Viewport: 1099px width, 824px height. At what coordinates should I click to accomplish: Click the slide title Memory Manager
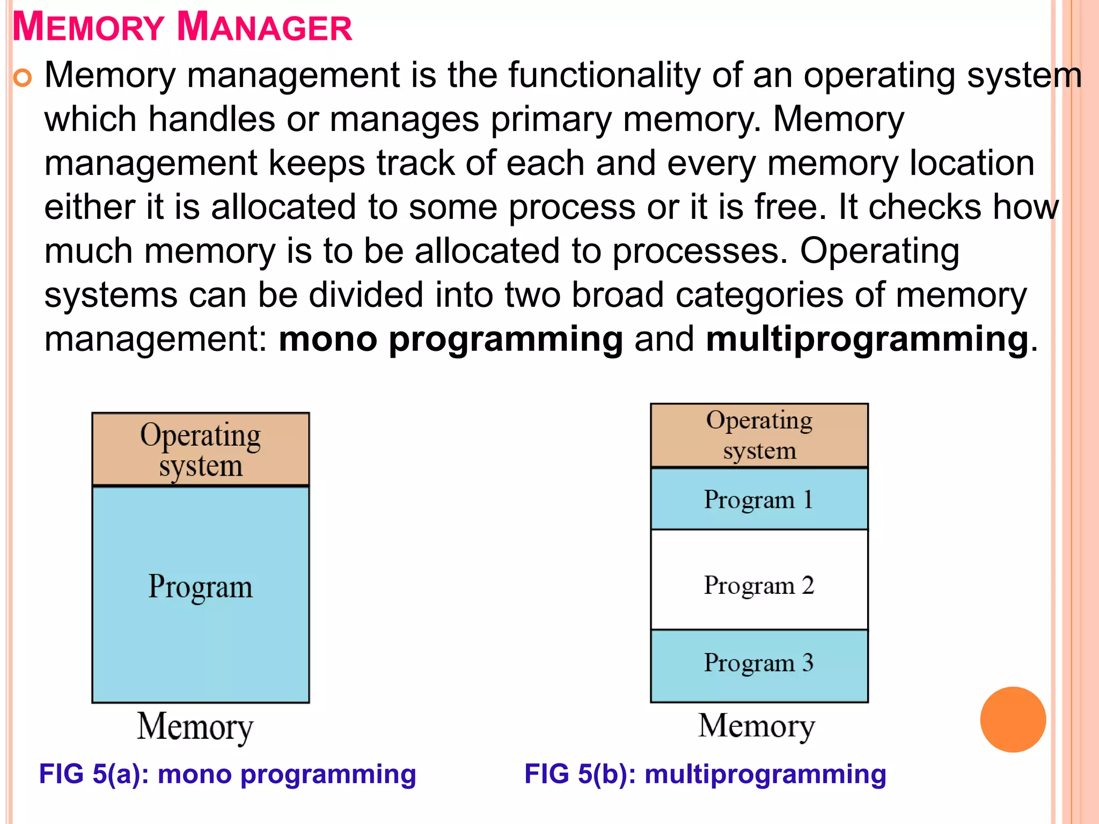(182, 27)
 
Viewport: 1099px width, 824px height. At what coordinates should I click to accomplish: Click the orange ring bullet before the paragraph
(23, 78)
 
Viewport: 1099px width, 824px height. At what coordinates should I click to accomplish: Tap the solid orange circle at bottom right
(1013, 719)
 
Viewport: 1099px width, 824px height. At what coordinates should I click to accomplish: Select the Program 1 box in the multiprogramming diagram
(759, 499)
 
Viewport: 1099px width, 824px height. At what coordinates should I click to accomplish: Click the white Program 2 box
(759, 580)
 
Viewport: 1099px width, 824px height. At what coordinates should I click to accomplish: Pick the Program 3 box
(759, 665)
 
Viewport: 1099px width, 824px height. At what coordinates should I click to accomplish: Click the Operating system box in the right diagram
(759, 436)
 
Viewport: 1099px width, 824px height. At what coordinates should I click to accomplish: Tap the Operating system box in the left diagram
(201, 450)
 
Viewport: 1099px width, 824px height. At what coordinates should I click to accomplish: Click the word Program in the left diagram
(200, 587)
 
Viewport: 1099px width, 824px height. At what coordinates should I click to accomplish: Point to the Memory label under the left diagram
(195, 727)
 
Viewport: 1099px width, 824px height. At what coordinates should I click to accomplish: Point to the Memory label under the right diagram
(757, 726)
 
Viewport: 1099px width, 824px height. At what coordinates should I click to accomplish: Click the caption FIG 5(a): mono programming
(228, 774)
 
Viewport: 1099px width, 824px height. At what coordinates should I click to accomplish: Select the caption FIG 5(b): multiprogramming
(705, 774)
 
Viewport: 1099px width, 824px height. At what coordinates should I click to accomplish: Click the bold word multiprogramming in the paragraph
(867, 339)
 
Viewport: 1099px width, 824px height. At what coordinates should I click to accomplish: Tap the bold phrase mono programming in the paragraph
(451, 339)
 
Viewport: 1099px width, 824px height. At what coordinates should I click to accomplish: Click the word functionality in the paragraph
(604, 75)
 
